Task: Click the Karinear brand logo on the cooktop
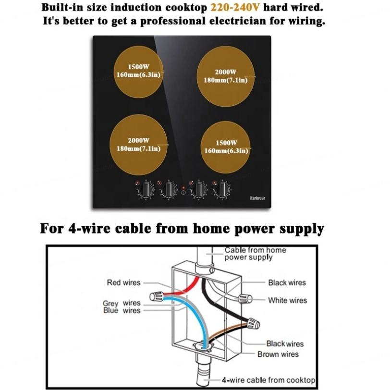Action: click(x=259, y=197)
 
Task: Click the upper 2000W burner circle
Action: click(x=226, y=76)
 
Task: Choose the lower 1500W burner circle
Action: click(x=226, y=146)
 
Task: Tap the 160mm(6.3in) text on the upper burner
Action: click(x=137, y=74)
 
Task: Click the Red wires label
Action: click(x=123, y=282)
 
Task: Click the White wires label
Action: click(x=287, y=300)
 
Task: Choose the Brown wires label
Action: click(x=278, y=354)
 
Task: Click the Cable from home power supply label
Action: click(x=255, y=254)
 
